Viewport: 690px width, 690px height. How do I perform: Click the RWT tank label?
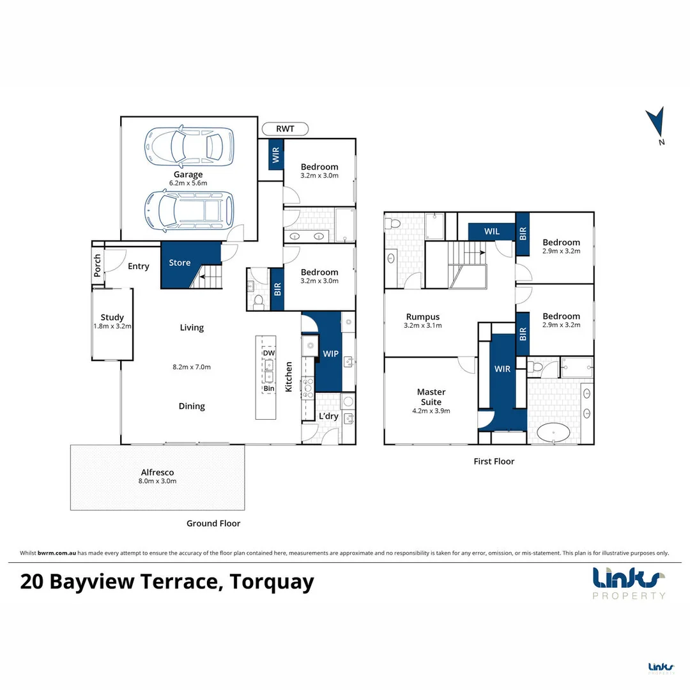click(285, 129)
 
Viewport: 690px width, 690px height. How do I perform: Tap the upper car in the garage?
click(189, 146)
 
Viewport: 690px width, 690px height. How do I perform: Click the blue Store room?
click(180, 263)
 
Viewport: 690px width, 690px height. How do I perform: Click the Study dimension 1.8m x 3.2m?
click(112, 326)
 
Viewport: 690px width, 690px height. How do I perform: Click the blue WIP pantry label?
click(330, 353)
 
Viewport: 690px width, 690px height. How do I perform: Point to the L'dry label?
click(328, 417)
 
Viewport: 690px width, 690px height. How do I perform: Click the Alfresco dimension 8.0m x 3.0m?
click(157, 481)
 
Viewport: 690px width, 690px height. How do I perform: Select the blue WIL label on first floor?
click(491, 231)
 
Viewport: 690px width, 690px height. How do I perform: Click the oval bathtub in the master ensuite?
click(554, 434)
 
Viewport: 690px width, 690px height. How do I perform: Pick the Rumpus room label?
click(422, 316)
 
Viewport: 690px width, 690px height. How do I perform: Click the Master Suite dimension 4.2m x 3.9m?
click(431, 411)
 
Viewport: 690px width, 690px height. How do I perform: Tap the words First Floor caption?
click(493, 461)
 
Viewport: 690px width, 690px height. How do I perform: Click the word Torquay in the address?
click(272, 582)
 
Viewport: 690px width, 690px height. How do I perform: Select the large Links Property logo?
click(629, 582)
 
